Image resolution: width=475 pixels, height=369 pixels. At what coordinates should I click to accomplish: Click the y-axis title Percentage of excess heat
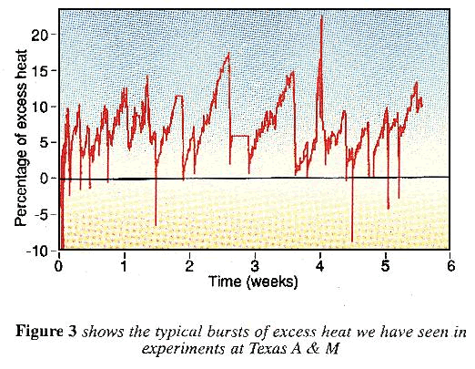[x=21, y=137]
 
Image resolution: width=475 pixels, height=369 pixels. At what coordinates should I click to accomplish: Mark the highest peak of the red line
[x=321, y=17]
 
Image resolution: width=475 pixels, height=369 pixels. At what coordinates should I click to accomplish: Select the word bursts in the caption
[x=217, y=332]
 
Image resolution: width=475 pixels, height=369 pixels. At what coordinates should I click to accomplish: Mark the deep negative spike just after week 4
[x=352, y=239]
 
